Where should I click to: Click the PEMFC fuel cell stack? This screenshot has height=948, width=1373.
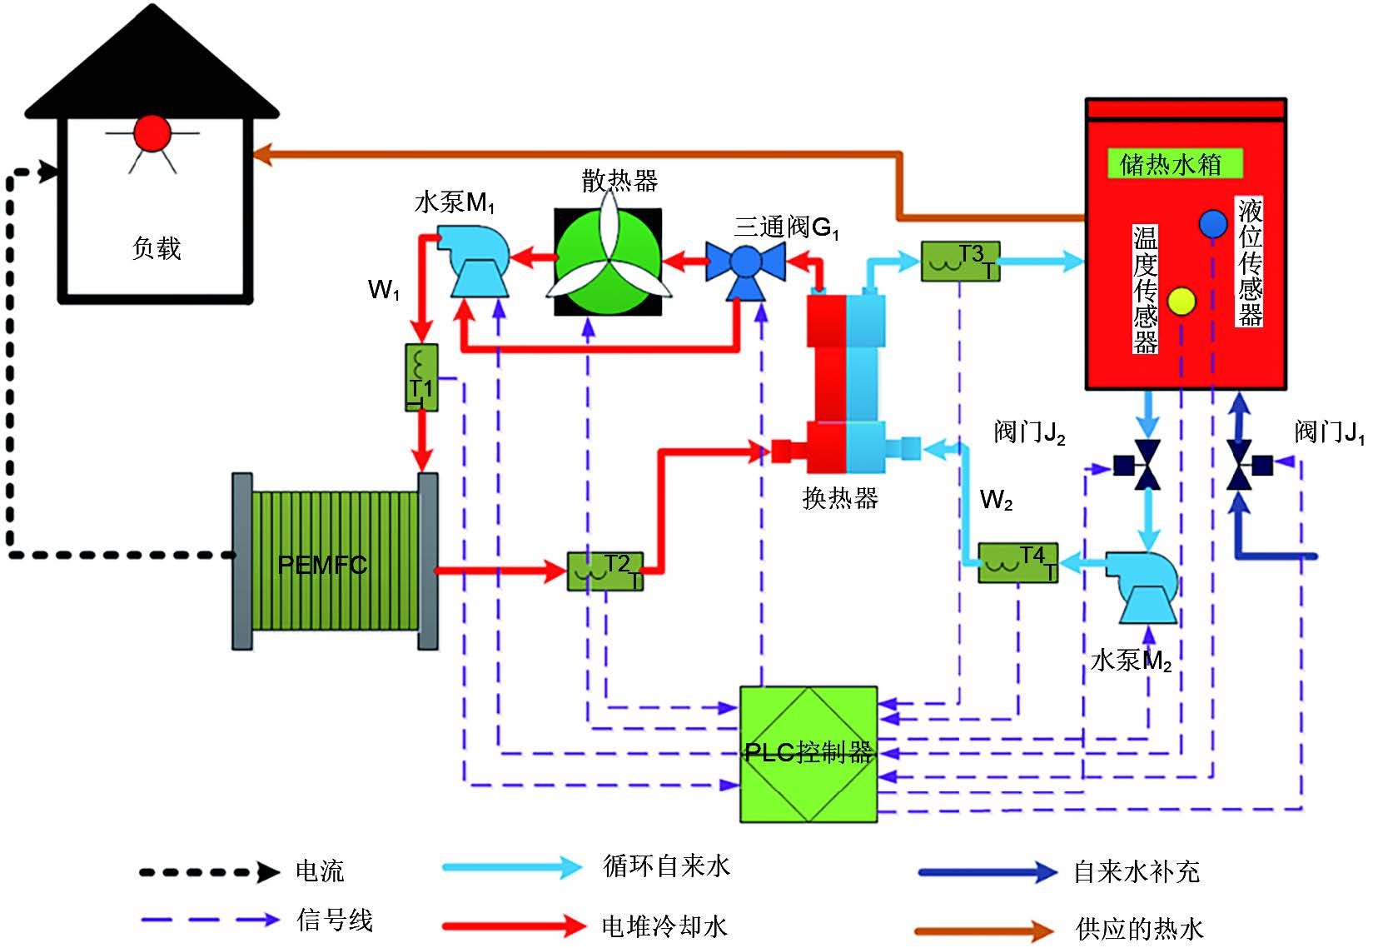coord(335,561)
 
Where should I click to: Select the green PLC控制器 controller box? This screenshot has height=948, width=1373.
coord(808,754)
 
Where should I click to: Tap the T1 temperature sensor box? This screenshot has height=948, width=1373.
coord(421,378)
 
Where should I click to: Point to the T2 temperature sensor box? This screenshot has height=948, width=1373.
coord(605,571)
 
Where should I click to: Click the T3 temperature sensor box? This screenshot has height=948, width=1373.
coord(960,261)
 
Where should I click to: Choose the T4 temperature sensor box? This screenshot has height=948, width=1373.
coord(1017,562)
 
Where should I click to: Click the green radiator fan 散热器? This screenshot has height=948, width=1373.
coord(608,262)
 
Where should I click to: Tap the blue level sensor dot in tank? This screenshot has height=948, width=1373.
coord(1213,223)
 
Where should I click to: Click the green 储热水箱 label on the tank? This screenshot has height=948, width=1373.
coord(1174,163)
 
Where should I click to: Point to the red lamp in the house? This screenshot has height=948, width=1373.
coord(152,132)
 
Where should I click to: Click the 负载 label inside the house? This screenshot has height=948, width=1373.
coord(157,247)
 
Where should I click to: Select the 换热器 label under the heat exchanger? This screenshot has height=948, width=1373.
coord(840,498)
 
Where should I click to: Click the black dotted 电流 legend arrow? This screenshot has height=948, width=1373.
coord(208,872)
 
